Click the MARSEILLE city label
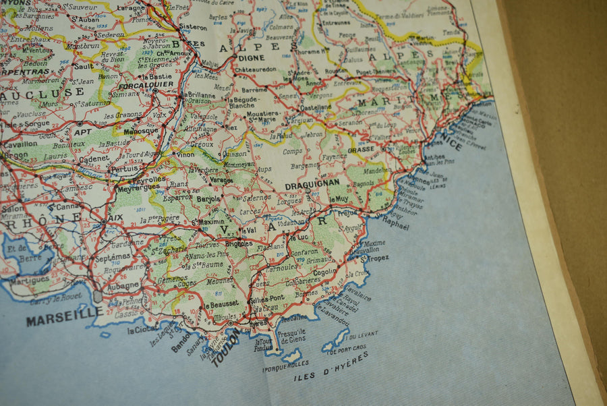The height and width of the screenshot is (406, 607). (64, 316)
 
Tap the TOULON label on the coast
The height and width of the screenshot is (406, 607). (225, 347)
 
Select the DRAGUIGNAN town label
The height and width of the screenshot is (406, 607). (312, 183)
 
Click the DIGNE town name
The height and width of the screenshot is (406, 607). (251, 58)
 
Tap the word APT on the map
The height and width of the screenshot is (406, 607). (82, 132)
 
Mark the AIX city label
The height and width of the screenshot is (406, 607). (115, 217)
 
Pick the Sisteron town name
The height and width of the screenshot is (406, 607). (193, 27)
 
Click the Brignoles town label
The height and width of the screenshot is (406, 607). (239, 243)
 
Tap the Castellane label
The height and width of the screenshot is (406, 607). (315, 107)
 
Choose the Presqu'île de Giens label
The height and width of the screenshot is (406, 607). (291, 335)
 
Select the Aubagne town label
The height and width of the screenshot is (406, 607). (122, 285)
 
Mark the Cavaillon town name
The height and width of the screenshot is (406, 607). (20, 144)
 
